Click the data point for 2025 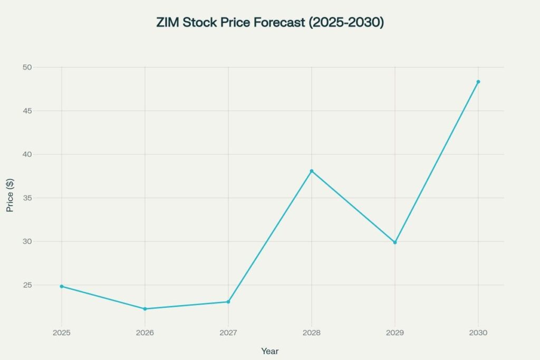(x=62, y=286)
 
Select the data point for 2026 (x=145, y=309)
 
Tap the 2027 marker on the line (x=228, y=302)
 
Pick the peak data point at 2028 (x=312, y=171)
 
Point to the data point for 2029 (x=395, y=242)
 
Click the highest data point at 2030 (x=478, y=82)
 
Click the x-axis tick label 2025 (x=62, y=333)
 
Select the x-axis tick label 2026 (x=145, y=333)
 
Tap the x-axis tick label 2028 (x=312, y=333)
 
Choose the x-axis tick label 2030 (x=478, y=333)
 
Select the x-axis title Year (x=270, y=351)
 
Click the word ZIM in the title (x=168, y=23)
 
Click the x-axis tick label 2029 (x=395, y=333)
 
